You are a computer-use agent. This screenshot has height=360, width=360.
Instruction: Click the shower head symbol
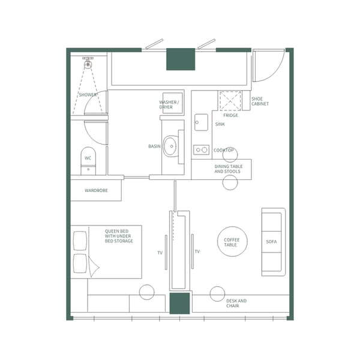(x=88, y=62)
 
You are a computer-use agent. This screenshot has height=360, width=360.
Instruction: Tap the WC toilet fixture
(x=88, y=160)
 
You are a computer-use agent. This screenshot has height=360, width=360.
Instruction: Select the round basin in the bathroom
(x=172, y=146)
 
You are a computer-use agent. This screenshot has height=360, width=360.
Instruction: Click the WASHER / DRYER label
(x=169, y=104)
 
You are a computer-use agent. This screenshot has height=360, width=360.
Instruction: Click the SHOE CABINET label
(x=260, y=101)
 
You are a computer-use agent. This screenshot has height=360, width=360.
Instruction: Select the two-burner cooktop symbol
(x=201, y=150)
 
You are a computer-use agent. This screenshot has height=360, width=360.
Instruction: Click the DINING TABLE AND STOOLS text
(x=227, y=169)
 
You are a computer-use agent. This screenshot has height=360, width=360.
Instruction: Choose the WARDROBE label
(x=96, y=191)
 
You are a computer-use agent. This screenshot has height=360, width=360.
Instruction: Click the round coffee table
(x=231, y=241)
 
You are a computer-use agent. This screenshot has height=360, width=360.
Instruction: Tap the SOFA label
(x=272, y=242)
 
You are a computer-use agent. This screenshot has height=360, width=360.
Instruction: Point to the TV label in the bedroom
(x=160, y=253)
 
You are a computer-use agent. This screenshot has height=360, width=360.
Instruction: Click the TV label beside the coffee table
(x=197, y=251)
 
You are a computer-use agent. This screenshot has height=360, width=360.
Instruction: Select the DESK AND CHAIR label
(x=236, y=303)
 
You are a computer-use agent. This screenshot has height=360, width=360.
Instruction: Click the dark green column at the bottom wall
(x=179, y=304)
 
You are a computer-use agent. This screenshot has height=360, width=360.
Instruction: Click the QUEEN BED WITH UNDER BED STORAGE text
(x=119, y=236)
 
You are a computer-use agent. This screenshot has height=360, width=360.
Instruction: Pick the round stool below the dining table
(x=230, y=182)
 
